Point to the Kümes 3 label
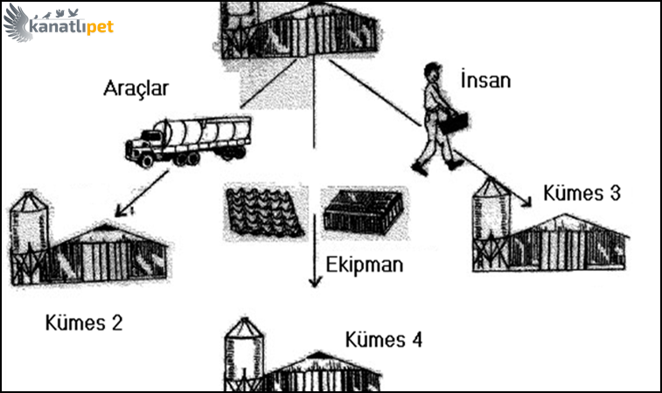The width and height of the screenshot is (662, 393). pyautogui.click(x=582, y=193)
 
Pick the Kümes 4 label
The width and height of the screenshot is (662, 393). pyautogui.click(x=384, y=340)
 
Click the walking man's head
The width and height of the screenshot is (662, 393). pyautogui.click(x=431, y=72)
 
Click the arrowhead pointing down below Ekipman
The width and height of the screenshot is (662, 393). pyautogui.click(x=311, y=282)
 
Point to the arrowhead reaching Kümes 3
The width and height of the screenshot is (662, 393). pyautogui.click(x=527, y=203)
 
